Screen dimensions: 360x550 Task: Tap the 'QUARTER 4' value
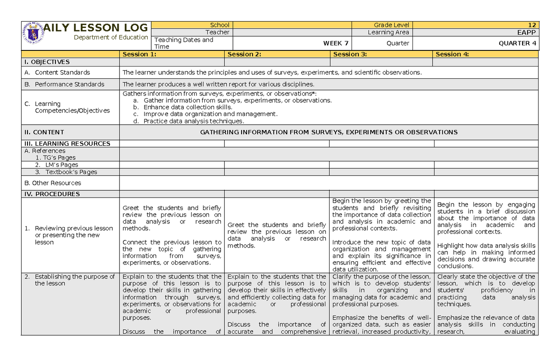(517, 43)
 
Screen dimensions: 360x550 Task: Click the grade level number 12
(532, 25)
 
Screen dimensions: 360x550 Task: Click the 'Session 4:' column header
(452, 54)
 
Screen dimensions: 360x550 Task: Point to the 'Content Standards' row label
(62, 72)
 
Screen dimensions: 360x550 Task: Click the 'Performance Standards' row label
(69, 84)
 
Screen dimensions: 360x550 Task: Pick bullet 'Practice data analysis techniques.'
(194, 122)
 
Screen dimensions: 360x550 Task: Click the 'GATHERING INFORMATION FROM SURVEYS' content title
(329, 132)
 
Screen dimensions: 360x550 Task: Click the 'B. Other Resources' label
(53, 183)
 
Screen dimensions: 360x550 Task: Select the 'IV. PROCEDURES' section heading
(52, 194)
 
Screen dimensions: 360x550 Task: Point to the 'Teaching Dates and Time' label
(183, 43)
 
